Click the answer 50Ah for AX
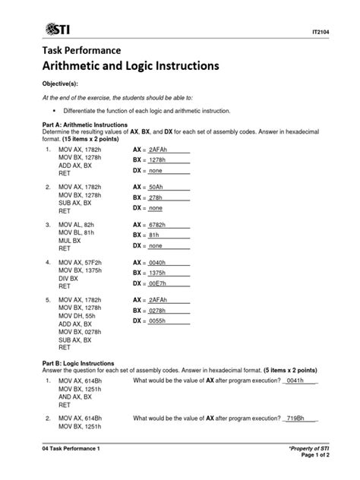coord(158,186)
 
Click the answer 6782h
coord(161,225)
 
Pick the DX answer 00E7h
coord(160,283)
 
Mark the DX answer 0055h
coord(160,321)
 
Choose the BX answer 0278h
coord(160,311)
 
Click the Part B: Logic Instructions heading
coord(78,363)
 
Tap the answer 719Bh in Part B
coord(296,418)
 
